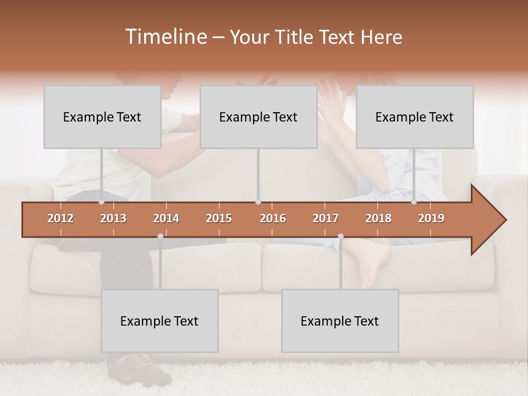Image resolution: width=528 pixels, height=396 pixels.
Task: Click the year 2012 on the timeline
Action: point(61,218)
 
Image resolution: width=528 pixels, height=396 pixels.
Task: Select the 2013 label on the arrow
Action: point(113,218)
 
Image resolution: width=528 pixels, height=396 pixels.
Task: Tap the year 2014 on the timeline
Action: point(166,218)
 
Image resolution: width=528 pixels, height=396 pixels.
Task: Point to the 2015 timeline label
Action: point(219,218)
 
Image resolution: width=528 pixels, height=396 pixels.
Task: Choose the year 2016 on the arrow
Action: point(273,218)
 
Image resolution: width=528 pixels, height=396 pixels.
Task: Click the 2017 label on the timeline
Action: point(326,218)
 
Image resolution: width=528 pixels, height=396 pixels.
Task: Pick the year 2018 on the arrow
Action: point(378,218)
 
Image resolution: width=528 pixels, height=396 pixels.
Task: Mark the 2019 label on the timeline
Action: point(431,218)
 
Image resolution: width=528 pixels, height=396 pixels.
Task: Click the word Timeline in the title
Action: point(165,37)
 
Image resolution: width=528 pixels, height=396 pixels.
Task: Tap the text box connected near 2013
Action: point(102,117)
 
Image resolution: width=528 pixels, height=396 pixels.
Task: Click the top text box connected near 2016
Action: point(258,117)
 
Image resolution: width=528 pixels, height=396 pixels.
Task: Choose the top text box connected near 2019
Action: point(415,117)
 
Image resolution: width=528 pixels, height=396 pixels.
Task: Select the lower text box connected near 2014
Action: point(159,321)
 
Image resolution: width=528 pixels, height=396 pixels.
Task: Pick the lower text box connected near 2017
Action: point(340,321)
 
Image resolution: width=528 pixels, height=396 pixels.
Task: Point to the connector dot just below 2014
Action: point(160,236)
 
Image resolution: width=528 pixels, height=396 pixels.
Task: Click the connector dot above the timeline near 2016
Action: point(258,201)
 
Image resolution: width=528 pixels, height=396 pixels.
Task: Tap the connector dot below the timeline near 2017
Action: point(340,236)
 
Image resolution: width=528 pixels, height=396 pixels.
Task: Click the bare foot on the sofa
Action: point(374,264)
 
